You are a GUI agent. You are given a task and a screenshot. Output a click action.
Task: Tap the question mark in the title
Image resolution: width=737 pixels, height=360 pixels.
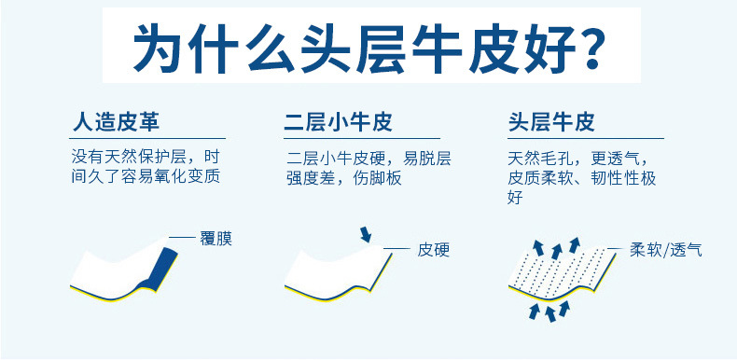click(583, 48)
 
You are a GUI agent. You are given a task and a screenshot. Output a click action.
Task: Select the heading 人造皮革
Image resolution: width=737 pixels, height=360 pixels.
click(116, 123)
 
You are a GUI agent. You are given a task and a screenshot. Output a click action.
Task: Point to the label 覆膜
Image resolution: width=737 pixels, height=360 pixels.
click(215, 239)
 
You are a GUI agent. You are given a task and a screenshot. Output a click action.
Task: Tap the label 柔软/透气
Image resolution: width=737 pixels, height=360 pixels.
click(665, 249)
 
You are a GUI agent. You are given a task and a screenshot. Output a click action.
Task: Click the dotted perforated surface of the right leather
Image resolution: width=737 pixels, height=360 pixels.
click(561, 270)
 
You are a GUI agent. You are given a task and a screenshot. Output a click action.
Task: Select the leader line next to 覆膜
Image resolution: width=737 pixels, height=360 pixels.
click(183, 239)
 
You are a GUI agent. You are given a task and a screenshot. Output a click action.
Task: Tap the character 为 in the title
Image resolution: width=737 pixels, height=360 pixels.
click(159, 48)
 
